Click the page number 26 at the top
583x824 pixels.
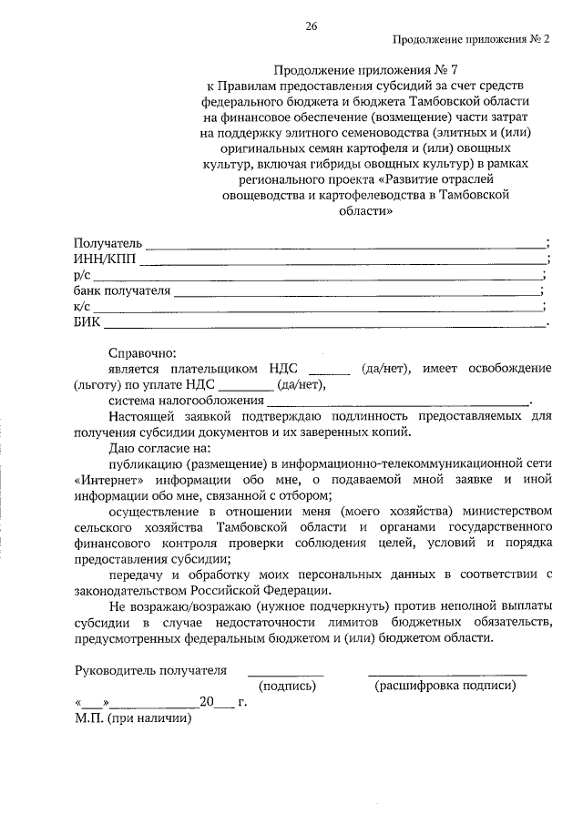[311, 26]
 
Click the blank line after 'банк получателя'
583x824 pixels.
[355, 293]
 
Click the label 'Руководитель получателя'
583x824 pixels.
[150, 671]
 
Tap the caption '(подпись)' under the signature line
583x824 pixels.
[287, 687]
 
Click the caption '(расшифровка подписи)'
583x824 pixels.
[445, 687]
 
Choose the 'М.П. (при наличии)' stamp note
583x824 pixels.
[134, 717]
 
